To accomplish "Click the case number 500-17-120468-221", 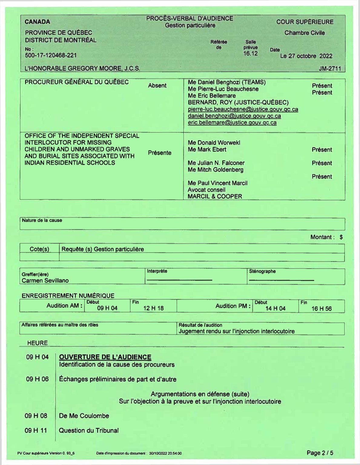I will [51, 55].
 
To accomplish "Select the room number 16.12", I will [250, 53].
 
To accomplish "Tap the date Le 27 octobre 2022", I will [306, 56].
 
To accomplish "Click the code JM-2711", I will [330, 69].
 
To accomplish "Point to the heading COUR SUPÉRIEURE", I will [305, 22].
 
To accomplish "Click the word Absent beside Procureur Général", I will [157, 86].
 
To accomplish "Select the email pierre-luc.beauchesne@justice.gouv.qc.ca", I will [243, 109].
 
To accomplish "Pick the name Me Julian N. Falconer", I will [216, 163].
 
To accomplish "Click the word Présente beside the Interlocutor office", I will [160, 153].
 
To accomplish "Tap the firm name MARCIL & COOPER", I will [215, 196].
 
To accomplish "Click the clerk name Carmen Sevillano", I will [45, 280].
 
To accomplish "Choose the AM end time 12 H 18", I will [153, 308].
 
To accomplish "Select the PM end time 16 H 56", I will [322, 308].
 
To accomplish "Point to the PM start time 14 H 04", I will [275, 308].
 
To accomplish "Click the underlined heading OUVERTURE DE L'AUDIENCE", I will [105, 357].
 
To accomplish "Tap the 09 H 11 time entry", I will [36, 430].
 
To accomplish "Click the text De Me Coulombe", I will [84, 416].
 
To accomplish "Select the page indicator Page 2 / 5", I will [320, 453].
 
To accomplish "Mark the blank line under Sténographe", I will [281, 280].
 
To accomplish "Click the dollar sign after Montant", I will [341, 237].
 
